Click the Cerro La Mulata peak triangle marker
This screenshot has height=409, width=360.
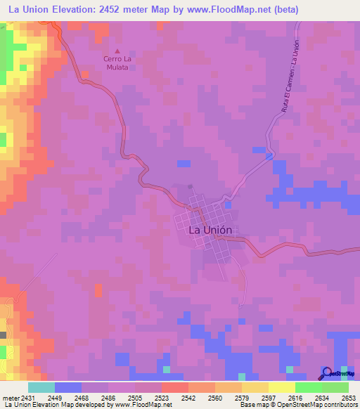pyautogui.click(x=117, y=51)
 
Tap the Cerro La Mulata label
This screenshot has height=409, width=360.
pyautogui.click(x=117, y=63)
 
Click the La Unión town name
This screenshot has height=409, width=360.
pyautogui.click(x=210, y=229)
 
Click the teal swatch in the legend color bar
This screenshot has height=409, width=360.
pyautogui.click(x=41, y=387)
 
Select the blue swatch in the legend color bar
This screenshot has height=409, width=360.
pyautogui.click(x=68, y=387)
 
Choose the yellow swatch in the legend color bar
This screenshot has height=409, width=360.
pyautogui.click(x=281, y=387)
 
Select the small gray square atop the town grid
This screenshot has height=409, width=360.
pyautogui.click(x=190, y=187)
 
